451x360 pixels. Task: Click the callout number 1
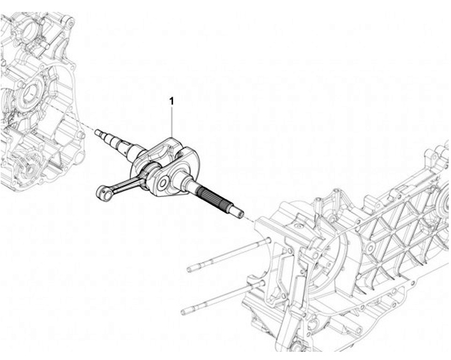click(171, 100)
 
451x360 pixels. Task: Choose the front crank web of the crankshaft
click(169, 175)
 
